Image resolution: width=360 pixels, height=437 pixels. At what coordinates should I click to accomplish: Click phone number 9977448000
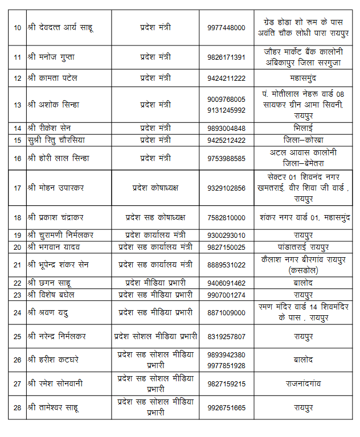tap(226, 27)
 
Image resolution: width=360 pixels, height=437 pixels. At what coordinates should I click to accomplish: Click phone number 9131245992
tap(226, 110)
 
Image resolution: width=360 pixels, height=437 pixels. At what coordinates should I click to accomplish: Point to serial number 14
tap(17, 128)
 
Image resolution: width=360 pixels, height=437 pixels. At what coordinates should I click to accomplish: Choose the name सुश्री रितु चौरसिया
tap(59, 140)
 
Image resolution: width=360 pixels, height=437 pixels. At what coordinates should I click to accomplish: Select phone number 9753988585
tap(226, 158)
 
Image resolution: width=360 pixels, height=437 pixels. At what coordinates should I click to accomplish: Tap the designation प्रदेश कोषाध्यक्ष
tap(155, 188)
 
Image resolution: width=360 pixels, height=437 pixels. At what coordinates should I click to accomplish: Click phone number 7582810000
tap(226, 217)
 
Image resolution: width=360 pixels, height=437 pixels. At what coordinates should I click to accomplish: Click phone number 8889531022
tap(226, 265)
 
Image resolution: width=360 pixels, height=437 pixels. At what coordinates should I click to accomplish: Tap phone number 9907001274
tap(226, 295)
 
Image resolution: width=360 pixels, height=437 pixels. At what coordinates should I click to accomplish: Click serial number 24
tap(17, 312)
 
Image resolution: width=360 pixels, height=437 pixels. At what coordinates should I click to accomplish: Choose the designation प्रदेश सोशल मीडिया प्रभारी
tap(155, 336)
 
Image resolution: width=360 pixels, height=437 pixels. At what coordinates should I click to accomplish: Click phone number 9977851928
tap(226, 365)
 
